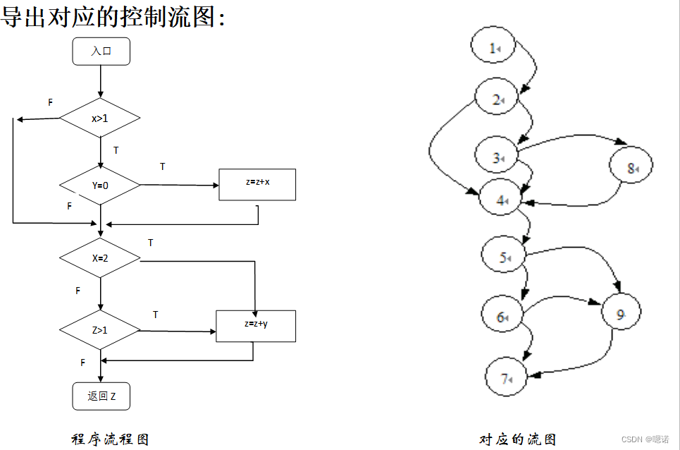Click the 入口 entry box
[101, 51]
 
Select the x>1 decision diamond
[100, 118]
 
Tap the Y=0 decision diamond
[100, 186]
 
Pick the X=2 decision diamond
[100, 257]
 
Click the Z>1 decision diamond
[100, 329]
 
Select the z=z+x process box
[257, 184]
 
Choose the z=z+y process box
[255, 325]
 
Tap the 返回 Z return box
[101, 396]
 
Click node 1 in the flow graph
[494, 48]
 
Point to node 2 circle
[497, 100]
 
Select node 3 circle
[497, 158]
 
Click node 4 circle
[501, 200]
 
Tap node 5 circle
[505, 258]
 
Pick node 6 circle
[502, 317]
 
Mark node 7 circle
[507, 379]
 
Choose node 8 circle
[631, 168]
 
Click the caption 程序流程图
[111, 439]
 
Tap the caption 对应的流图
[518, 439]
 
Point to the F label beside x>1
[50, 102]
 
